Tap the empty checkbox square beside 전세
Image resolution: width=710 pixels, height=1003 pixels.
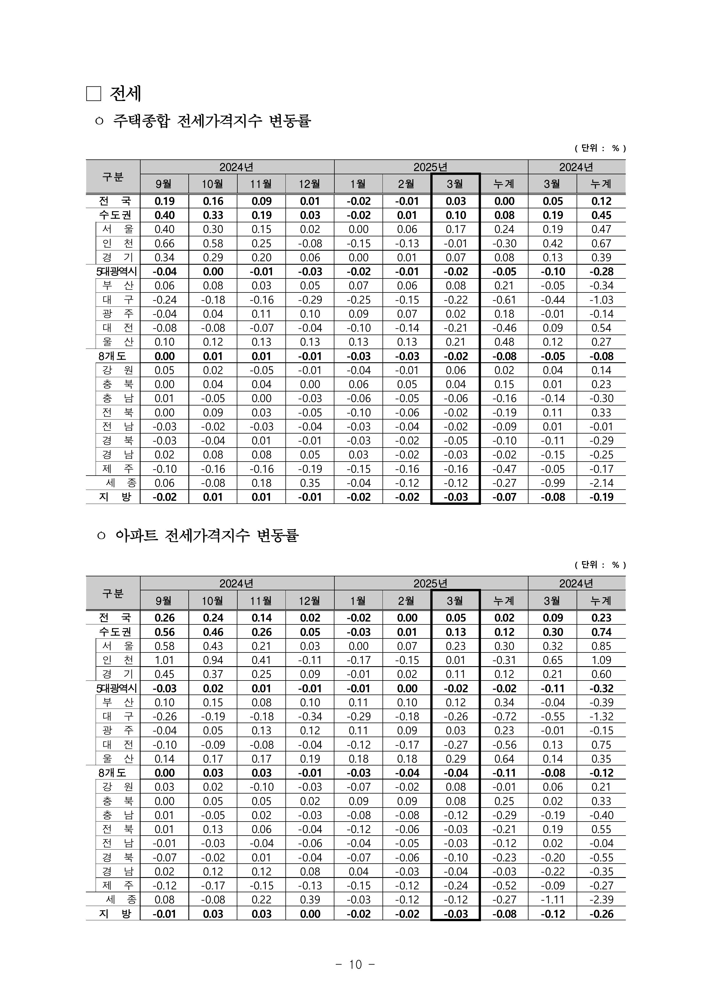(94, 94)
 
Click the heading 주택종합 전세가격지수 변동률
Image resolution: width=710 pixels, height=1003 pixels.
(212, 121)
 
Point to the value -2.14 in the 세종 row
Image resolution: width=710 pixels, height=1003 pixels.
(601, 483)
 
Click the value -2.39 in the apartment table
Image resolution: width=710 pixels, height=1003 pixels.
(601, 899)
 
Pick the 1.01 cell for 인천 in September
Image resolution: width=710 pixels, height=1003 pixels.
(164, 660)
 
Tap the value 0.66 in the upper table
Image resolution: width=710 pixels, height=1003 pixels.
(164, 244)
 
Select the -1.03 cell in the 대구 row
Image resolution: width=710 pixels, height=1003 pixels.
(601, 300)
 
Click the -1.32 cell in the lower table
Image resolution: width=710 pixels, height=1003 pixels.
(601, 716)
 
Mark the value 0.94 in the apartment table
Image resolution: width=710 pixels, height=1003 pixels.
(213, 660)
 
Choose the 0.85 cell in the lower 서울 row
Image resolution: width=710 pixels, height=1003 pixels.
(601, 646)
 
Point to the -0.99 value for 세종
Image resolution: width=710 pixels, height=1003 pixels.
(553, 483)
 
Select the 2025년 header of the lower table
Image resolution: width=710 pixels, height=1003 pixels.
(431, 583)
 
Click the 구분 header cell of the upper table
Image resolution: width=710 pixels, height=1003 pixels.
(113, 177)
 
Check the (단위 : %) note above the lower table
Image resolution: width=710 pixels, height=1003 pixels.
(600, 565)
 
